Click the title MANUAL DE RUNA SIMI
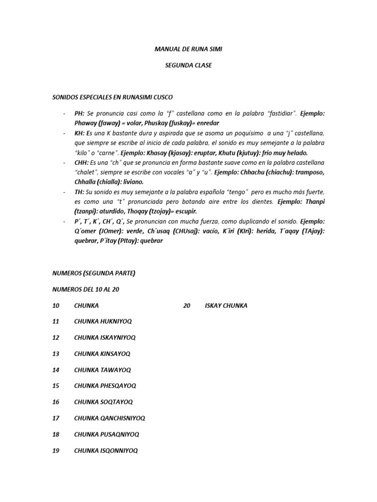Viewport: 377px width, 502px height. click(x=188, y=49)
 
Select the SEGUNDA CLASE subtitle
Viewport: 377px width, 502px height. click(x=188, y=65)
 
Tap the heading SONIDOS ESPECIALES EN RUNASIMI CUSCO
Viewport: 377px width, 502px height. click(x=112, y=97)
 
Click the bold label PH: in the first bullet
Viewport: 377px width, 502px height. click(x=80, y=113)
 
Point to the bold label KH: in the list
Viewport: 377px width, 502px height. click(x=80, y=133)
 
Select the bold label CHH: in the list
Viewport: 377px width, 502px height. click(x=81, y=162)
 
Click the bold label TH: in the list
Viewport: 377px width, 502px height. click(x=80, y=191)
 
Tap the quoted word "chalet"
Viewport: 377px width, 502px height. click(x=85, y=172)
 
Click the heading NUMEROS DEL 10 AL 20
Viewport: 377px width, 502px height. click(x=86, y=289)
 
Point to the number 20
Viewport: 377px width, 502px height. click(x=187, y=305)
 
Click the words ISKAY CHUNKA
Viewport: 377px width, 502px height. click(x=226, y=305)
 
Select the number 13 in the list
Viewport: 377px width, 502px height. click(x=56, y=353)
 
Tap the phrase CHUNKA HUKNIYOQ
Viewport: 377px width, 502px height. click(x=103, y=322)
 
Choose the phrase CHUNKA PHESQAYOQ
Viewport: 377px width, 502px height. click(x=105, y=386)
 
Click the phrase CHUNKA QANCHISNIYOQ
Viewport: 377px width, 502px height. click(x=109, y=418)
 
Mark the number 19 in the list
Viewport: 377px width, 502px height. click(x=56, y=450)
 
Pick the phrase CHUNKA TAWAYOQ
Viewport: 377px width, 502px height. click(x=103, y=370)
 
